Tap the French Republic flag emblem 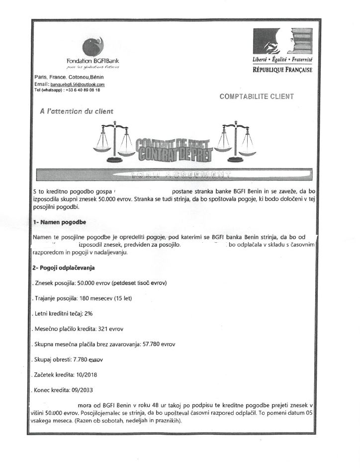(x=282, y=43)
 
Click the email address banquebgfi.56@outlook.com (x=80, y=85)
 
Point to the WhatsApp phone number (x=83, y=90)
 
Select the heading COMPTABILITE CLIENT (x=256, y=96)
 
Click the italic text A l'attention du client (x=77, y=111)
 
